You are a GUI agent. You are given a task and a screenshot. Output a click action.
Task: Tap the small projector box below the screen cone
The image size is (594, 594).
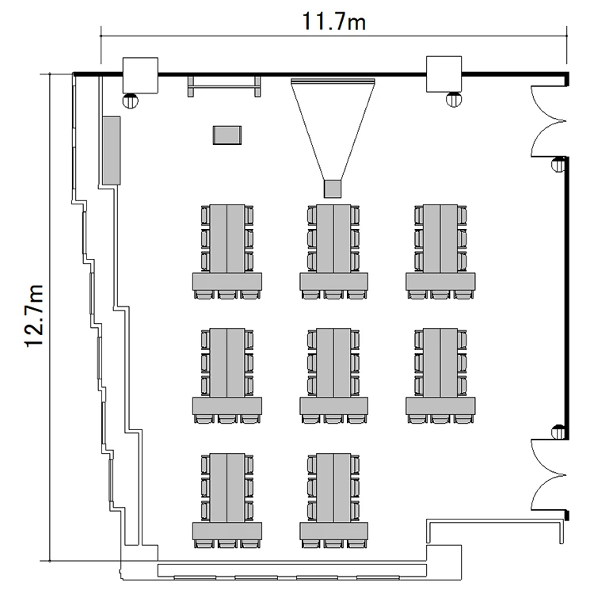pyautogui.click(x=333, y=188)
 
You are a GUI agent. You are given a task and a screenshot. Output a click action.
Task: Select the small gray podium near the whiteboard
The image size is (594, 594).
pyautogui.click(x=227, y=135)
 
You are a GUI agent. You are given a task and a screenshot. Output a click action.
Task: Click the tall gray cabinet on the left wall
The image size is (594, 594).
pyautogui.click(x=111, y=150)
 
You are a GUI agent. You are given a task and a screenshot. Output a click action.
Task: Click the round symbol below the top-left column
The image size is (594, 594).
pyautogui.click(x=131, y=100)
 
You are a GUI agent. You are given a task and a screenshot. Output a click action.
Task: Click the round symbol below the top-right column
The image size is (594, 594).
pyautogui.click(x=453, y=99)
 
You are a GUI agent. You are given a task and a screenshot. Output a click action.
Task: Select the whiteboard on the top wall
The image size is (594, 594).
pyautogui.click(x=224, y=84)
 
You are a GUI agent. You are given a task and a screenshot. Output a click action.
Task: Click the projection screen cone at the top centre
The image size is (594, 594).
pyautogui.click(x=333, y=127)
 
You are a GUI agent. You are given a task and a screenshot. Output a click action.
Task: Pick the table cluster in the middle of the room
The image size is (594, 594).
pyautogui.click(x=333, y=375)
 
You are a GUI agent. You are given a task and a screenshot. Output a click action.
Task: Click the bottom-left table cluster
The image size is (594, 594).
pyautogui.click(x=227, y=499)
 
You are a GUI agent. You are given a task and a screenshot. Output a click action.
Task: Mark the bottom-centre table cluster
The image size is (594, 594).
pyautogui.click(x=333, y=499)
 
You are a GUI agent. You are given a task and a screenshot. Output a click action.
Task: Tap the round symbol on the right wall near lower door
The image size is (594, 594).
pyautogui.click(x=558, y=432)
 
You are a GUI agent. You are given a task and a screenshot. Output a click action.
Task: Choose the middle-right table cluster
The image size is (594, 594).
pyautogui.click(x=440, y=375)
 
